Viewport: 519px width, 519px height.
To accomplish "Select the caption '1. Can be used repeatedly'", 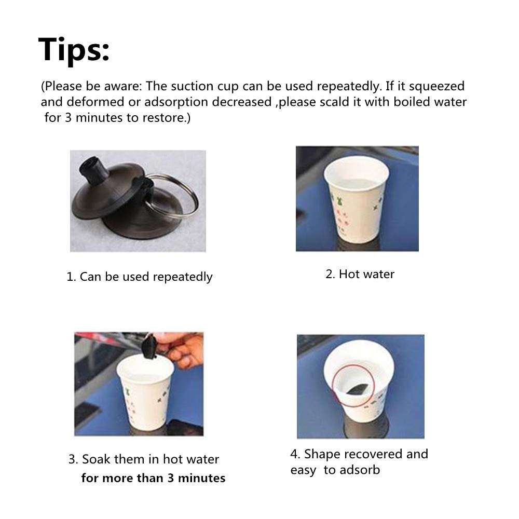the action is [x=139, y=277].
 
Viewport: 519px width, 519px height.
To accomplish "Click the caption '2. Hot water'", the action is [x=360, y=274].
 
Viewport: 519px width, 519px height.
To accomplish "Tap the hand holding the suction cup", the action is [x=181, y=349].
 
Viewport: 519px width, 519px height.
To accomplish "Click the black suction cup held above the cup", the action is [x=149, y=347].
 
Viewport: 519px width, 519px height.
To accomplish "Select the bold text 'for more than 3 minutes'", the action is [x=153, y=478].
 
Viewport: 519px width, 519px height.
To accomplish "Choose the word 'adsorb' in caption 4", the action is [x=360, y=470].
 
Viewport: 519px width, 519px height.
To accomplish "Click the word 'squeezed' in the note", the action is [x=436, y=86].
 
